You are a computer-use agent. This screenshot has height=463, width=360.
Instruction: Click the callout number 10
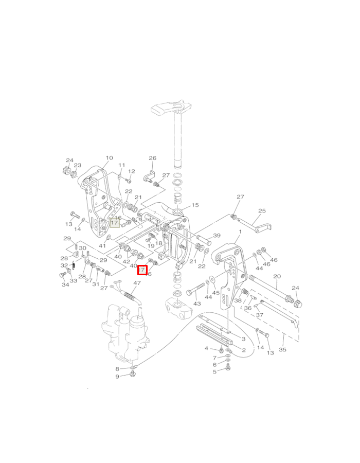point(109,158)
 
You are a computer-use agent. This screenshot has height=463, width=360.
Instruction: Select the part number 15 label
point(195,205)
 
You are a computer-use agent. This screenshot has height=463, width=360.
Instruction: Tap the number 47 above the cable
point(137,283)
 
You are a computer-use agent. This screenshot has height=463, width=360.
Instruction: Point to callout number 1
point(240,233)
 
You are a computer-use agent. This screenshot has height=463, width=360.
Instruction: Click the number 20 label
point(277,276)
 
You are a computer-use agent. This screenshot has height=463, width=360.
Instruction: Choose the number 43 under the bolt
point(196,304)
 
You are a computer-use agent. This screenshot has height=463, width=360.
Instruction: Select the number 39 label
point(217,236)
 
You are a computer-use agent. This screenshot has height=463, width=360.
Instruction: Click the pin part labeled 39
point(203,239)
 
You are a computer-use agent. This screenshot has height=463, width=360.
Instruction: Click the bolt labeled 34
point(63,275)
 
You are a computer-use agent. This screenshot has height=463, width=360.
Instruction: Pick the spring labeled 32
point(73,266)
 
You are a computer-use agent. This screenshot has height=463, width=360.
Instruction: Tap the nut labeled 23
point(74,175)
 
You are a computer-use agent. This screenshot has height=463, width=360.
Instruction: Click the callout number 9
point(117,377)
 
